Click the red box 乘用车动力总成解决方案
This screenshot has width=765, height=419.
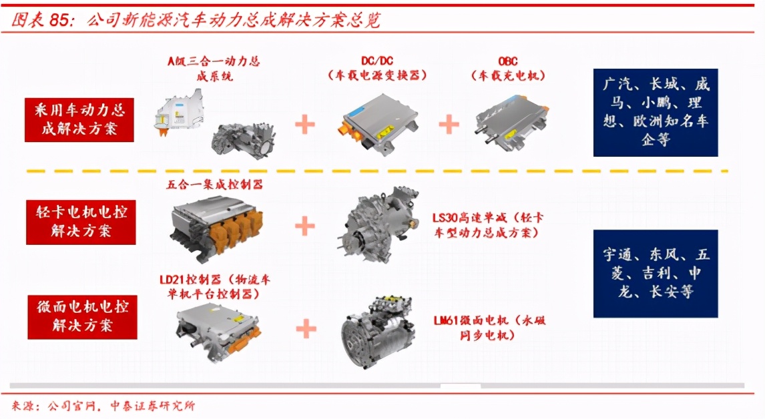(x=79, y=119)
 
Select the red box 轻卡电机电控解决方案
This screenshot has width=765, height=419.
(x=81, y=222)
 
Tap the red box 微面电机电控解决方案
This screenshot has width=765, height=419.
(x=82, y=316)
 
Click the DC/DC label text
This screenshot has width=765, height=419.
(x=377, y=61)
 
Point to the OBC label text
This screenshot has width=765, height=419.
(x=507, y=61)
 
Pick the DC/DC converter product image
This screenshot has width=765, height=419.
(x=377, y=124)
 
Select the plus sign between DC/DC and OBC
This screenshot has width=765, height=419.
(x=449, y=124)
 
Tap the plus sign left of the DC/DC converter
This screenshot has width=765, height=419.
(x=305, y=124)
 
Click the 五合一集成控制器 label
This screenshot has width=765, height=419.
(x=215, y=184)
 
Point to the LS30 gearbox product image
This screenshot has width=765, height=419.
(x=378, y=224)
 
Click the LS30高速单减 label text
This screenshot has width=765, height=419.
(x=487, y=225)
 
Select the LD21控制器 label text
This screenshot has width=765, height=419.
(x=215, y=286)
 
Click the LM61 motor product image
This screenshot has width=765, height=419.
(x=378, y=331)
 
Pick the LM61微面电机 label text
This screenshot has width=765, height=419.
(x=489, y=328)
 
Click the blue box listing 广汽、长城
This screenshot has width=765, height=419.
(x=656, y=113)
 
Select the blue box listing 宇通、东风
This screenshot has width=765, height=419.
(x=656, y=274)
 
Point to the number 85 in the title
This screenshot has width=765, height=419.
(x=59, y=20)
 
